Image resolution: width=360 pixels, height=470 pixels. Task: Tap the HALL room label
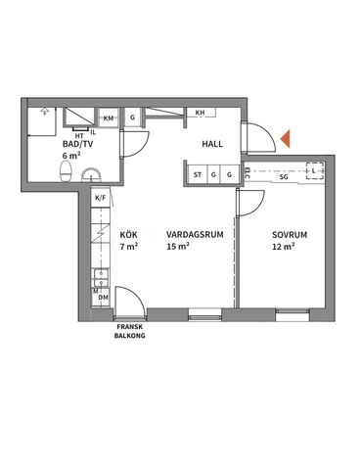tap(213, 144)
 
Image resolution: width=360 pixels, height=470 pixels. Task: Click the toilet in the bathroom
tap(67, 172)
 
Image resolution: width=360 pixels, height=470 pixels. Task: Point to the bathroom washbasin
tap(91, 175)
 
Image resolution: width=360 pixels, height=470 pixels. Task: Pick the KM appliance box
tap(109, 118)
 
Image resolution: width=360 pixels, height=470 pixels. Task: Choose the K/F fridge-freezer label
tap(100, 197)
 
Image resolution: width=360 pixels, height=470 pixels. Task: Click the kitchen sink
tap(99, 278)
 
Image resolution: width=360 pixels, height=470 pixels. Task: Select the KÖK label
tap(128, 235)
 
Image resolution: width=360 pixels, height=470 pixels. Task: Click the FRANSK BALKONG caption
tap(130, 329)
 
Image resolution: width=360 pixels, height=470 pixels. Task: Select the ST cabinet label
tap(198, 175)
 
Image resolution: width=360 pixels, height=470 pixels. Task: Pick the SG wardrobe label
tap(283, 177)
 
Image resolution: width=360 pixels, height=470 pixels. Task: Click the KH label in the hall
tap(201, 112)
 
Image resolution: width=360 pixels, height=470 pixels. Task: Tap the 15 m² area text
tap(177, 247)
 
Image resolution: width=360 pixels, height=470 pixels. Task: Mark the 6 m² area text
tap(70, 156)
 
